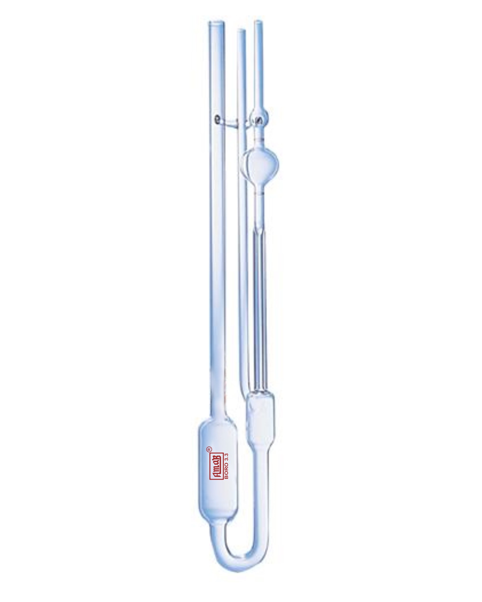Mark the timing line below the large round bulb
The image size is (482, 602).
pyautogui.click(x=260, y=193)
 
